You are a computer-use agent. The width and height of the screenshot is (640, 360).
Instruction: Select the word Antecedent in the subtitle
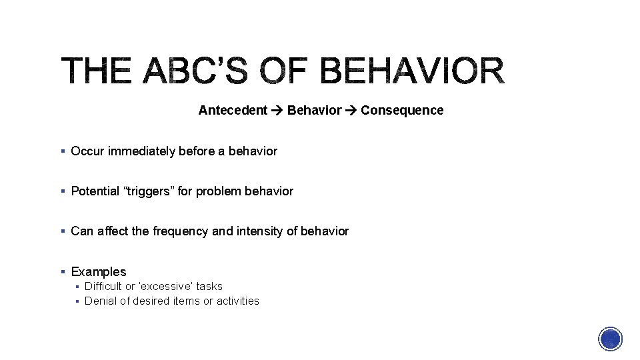pyautogui.click(x=233, y=110)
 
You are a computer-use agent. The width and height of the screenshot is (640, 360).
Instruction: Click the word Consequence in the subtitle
pyautogui.click(x=402, y=110)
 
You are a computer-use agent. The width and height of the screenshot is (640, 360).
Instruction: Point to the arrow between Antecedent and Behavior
pyautogui.click(x=277, y=110)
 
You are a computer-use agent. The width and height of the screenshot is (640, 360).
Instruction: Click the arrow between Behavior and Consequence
pyautogui.click(x=351, y=110)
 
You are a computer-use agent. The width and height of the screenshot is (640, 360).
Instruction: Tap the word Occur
pyautogui.click(x=87, y=151)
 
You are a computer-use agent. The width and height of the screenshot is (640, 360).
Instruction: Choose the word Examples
pyautogui.click(x=99, y=271)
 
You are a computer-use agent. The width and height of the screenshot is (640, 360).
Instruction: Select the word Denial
pyautogui.click(x=100, y=301)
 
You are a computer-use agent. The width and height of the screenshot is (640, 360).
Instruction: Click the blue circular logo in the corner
pyautogui.click(x=611, y=339)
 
